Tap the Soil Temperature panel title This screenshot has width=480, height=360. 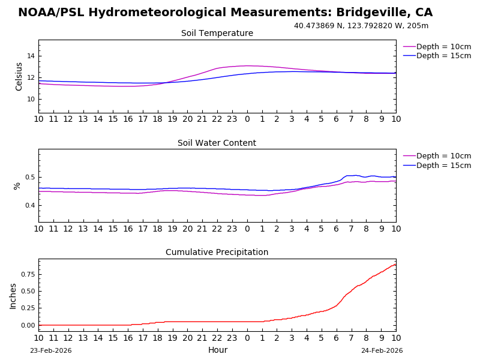217,34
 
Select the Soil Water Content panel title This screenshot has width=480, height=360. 217,143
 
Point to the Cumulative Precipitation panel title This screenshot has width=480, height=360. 217,253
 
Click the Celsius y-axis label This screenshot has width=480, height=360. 19,76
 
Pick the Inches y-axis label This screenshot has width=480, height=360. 13,296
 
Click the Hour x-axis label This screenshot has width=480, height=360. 217,350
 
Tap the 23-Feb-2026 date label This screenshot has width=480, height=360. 50,351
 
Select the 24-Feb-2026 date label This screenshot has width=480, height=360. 382,351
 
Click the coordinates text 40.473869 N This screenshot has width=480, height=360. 319,26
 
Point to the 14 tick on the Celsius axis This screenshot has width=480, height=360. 30,56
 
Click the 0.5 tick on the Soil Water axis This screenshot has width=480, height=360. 29,177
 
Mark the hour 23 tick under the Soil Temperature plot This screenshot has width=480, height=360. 232,119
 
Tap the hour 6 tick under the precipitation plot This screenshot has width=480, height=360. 336,338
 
